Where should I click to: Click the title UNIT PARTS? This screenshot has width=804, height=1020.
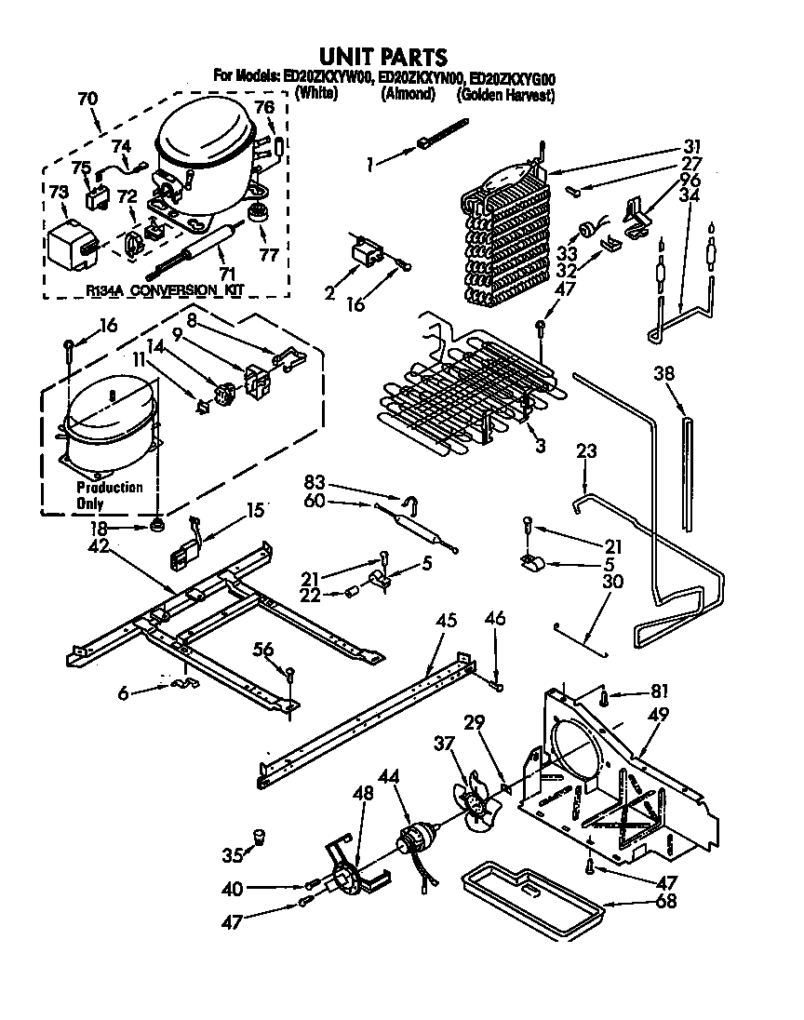click(x=383, y=57)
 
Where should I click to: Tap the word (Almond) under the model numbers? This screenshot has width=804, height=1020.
click(x=406, y=94)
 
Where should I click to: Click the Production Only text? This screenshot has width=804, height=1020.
click(x=109, y=496)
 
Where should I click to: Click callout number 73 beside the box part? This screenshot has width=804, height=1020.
click(x=59, y=191)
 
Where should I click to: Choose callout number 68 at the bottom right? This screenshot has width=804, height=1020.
click(x=666, y=901)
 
